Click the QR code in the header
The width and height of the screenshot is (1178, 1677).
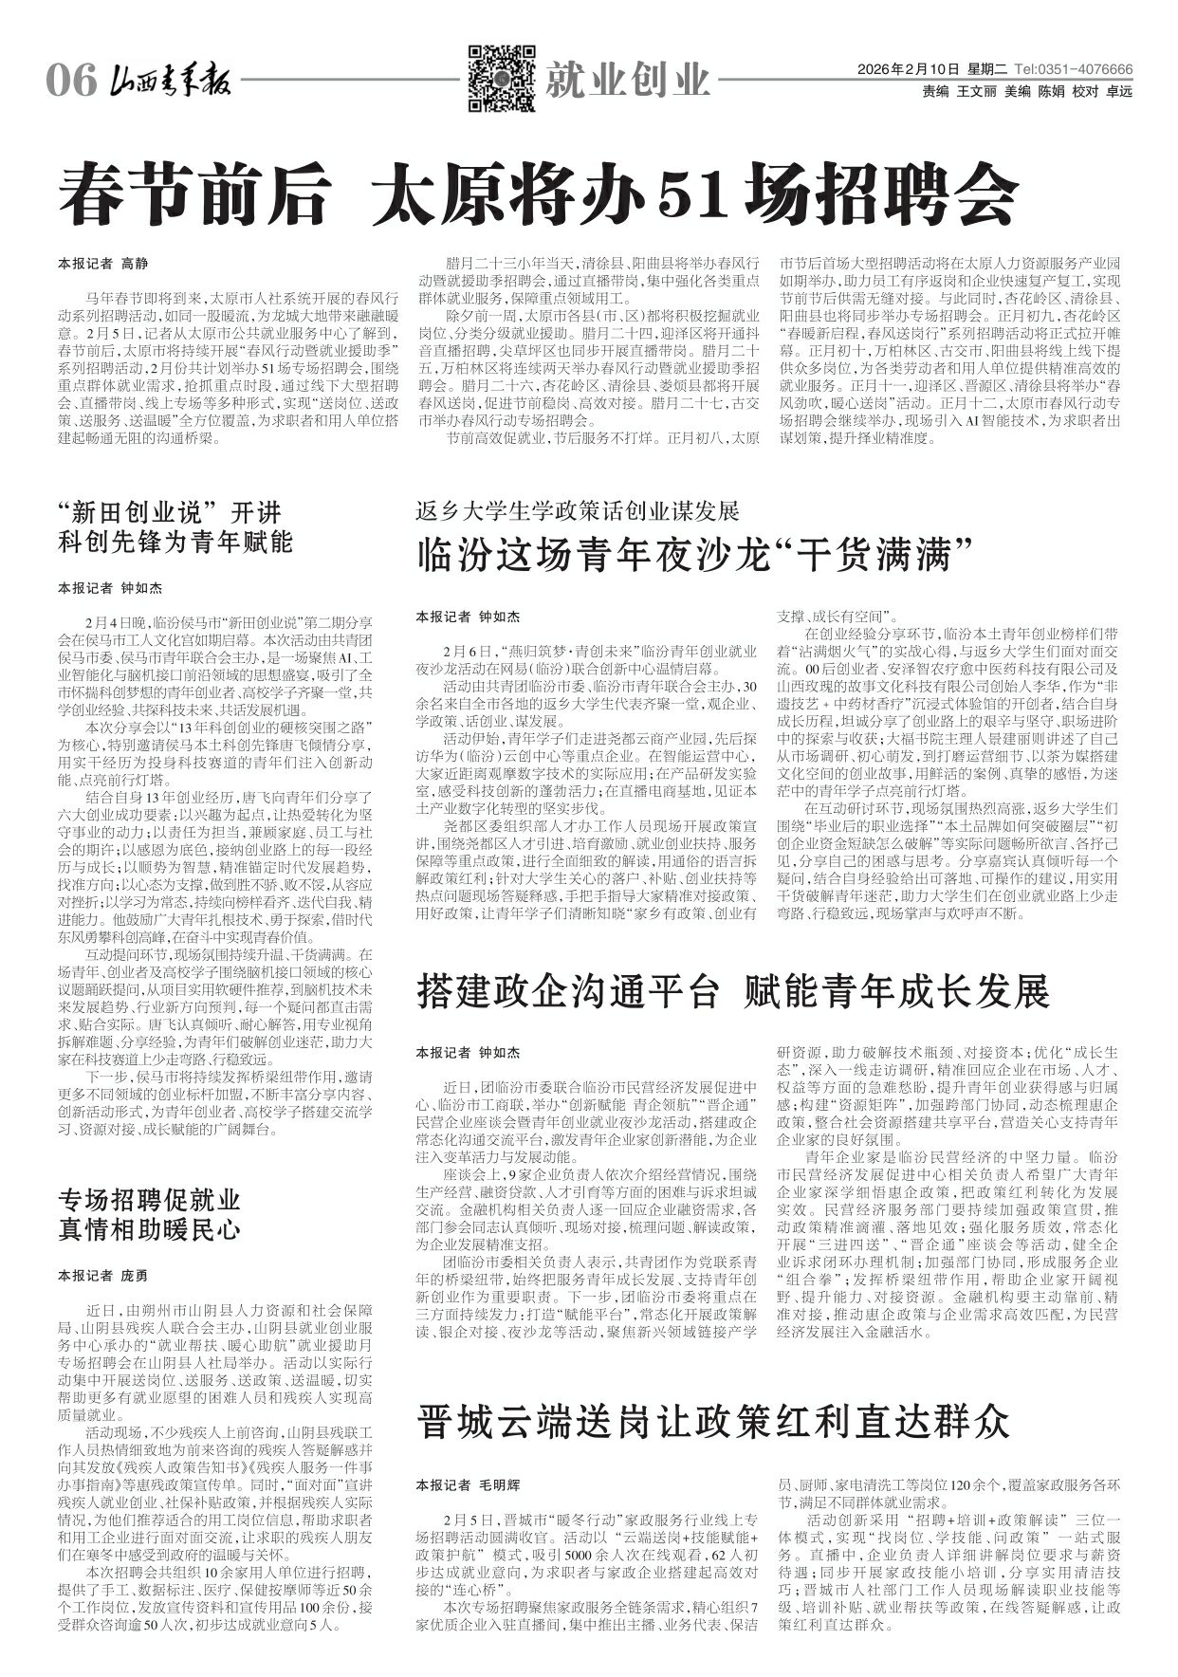[x=501, y=77]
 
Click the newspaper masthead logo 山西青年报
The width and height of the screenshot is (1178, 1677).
[x=168, y=81]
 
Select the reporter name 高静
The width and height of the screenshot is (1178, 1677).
[x=135, y=263]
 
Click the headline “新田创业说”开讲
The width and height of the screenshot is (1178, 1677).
[x=170, y=512]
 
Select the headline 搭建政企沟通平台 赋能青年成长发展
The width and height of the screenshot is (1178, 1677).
[x=732, y=992]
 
